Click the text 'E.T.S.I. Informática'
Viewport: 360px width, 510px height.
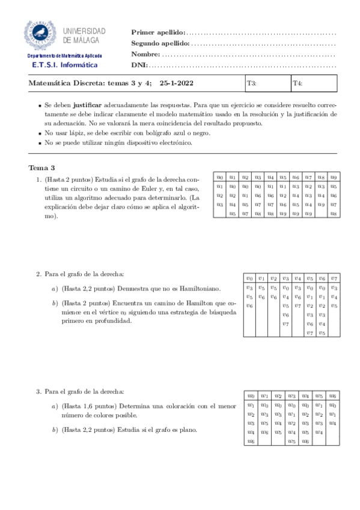(x=64, y=65)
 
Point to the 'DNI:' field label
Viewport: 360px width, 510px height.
(x=139, y=65)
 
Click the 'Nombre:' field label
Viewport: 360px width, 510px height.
(x=145, y=54)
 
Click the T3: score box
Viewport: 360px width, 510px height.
(x=267, y=84)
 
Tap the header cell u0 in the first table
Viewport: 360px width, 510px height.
(x=219, y=177)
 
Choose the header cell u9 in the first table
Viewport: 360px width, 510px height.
(x=333, y=177)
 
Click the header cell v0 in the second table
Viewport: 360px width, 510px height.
(x=249, y=278)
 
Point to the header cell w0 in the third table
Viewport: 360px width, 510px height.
(x=251, y=396)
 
